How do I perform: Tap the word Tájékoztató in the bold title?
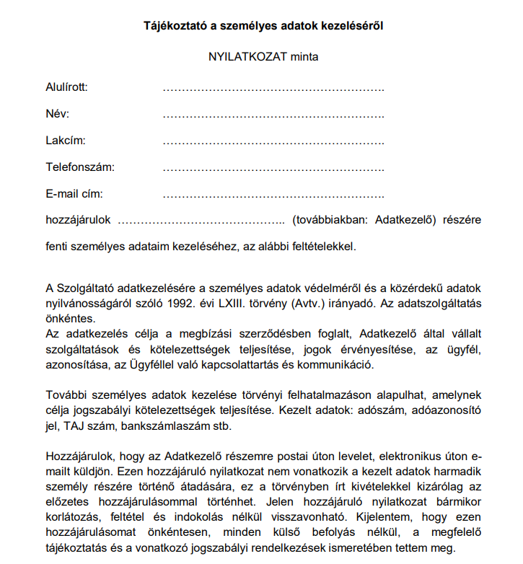[172, 26]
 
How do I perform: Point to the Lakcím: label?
[66, 141]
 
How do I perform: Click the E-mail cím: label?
[74, 194]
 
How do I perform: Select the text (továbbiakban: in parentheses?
[330, 220]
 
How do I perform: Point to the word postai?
[271, 457]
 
